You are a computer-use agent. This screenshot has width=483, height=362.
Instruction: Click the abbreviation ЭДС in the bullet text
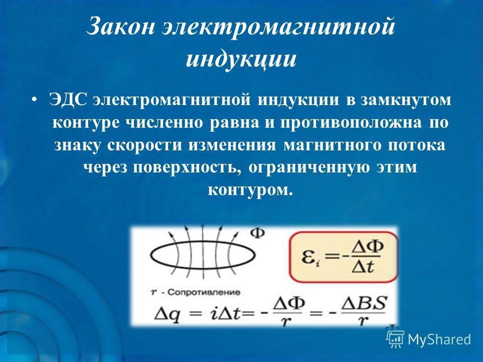click(68, 100)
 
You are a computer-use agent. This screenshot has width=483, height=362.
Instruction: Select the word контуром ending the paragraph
click(250, 190)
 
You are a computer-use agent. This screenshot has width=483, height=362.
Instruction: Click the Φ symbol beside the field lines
click(257, 233)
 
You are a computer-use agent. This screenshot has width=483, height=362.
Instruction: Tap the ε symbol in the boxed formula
click(309, 258)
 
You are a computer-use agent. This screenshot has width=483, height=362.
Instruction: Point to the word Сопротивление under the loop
click(204, 292)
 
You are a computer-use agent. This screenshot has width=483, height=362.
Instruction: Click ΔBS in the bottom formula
click(363, 304)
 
